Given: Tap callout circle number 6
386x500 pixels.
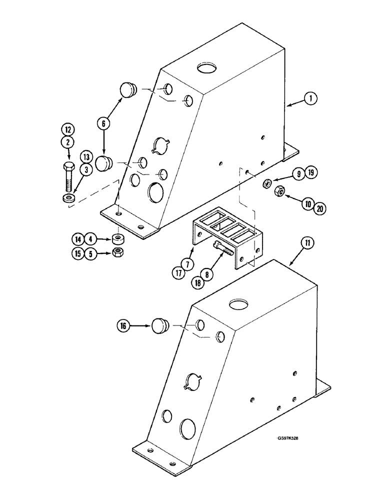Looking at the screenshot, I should (x=103, y=122).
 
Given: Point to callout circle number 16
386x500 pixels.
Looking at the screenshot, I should (x=123, y=326).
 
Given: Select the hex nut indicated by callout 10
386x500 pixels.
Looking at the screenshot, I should (x=280, y=190).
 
